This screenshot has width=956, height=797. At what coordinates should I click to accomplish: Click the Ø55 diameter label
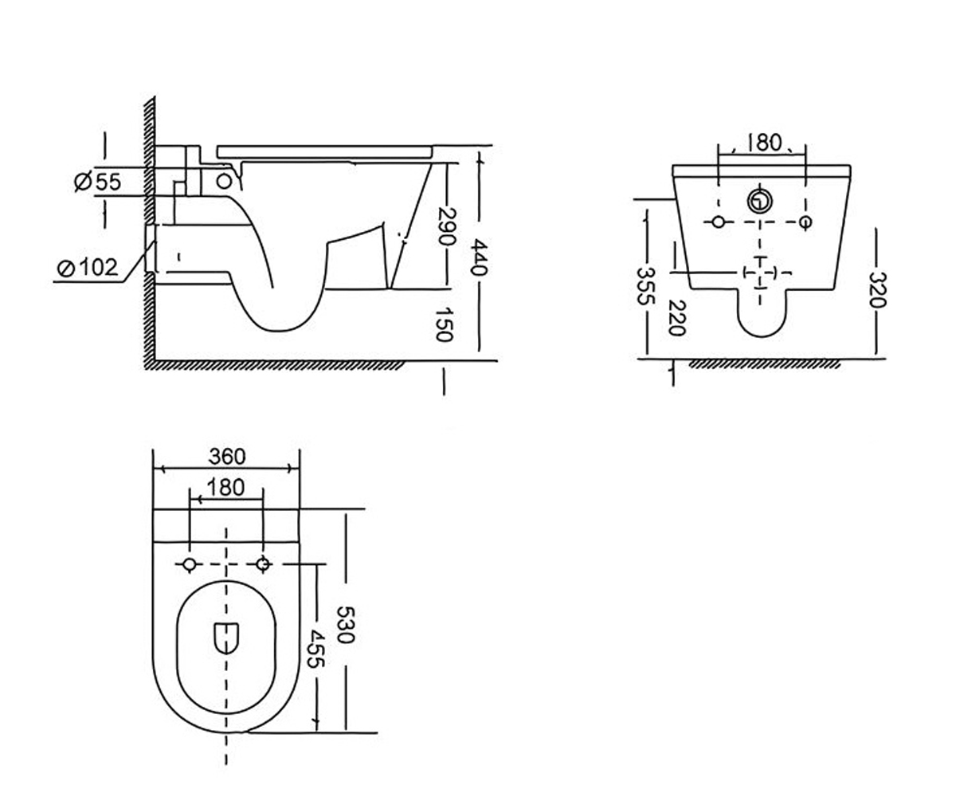[x=97, y=182]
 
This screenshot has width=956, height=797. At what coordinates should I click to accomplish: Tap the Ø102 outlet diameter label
[x=88, y=267]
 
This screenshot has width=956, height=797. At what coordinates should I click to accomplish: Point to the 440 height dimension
[x=480, y=257]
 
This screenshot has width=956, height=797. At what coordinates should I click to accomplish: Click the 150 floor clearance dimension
[x=443, y=324]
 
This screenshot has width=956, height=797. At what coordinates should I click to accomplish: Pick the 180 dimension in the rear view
[x=763, y=143]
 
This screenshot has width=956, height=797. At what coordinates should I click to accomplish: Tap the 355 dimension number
[x=646, y=285]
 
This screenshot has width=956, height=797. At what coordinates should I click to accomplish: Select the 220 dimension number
[x=676, y=318]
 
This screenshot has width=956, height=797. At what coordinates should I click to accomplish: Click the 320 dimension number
[x=878, y=289]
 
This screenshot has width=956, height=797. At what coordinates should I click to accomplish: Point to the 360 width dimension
[x=227, y=456]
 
